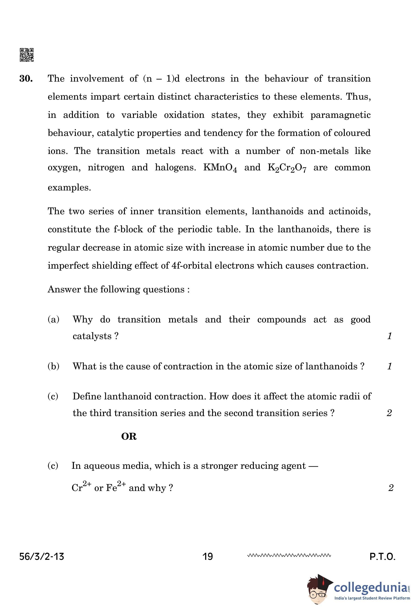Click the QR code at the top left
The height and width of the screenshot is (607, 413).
click(x=26, y=55)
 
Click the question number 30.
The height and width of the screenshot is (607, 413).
click(x=26, y=79)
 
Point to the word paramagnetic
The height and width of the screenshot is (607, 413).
click(x=340, y=115)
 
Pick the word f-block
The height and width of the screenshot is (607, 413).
click(x=128, y=229)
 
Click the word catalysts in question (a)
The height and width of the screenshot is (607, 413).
click(x=92, y=336)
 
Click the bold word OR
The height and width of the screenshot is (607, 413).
click(x=129, y=436)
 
